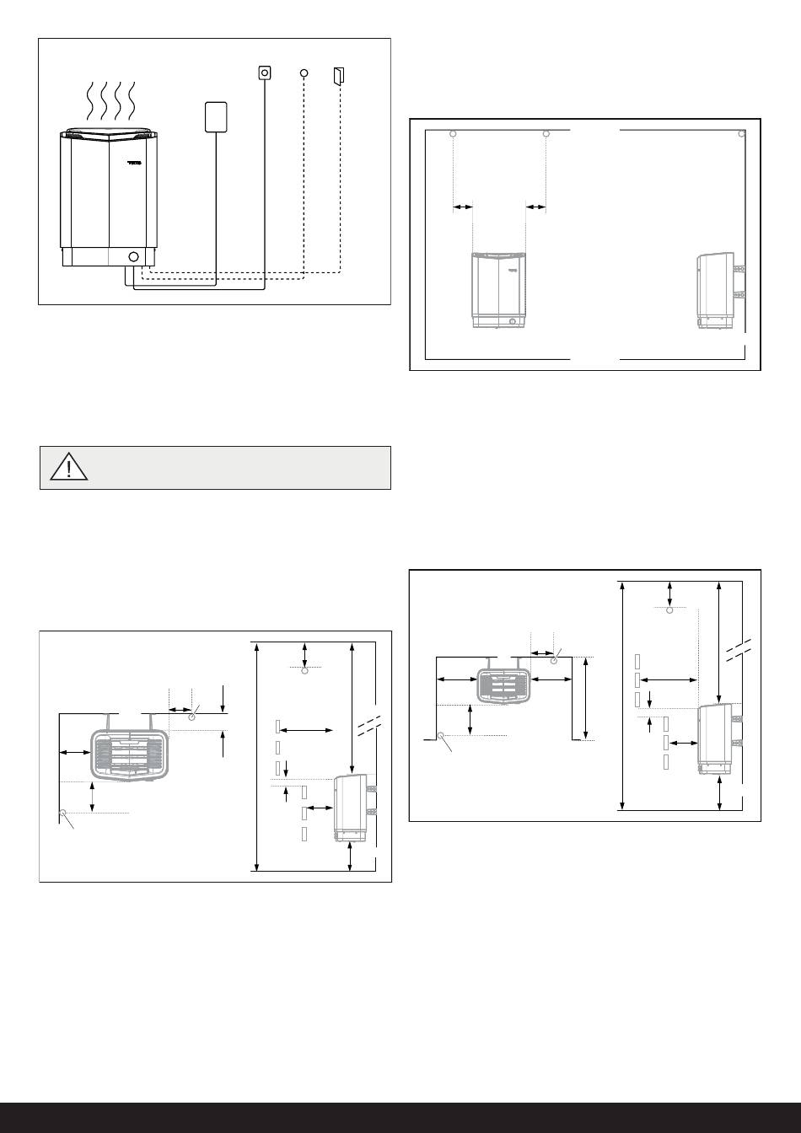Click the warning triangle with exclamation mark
click(x=67, y=467)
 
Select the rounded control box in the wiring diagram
click(x=218, y=116)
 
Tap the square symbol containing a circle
click(x=265, y=73)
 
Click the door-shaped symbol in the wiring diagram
click(x=339, y=76)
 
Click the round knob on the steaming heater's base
click(x=132, y=256)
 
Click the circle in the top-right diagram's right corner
click(x=741, y=133)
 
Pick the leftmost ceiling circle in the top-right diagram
click(x=454, y=134)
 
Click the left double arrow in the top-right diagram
click(x=463, y=206)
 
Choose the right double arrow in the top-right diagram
click(x=536, y=206)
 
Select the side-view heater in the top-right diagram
click(x=716, y=289)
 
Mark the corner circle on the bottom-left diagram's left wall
click(x=63, y=813)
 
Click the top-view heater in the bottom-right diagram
click(x=504, y=684)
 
